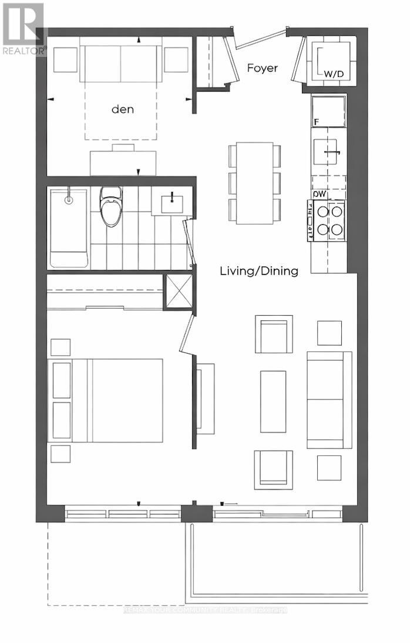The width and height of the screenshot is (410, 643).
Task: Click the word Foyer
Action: point(262,69)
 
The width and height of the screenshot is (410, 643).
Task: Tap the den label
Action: point(123,109)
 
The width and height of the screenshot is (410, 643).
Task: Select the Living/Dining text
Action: point(259,270)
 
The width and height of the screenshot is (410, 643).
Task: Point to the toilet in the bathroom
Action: point(110,207)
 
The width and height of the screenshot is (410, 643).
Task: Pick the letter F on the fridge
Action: point(317,122)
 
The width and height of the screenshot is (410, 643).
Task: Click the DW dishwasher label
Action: point(320,194)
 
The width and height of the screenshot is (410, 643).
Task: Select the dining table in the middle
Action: point(254,183)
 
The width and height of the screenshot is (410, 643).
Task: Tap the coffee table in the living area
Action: point(273,401)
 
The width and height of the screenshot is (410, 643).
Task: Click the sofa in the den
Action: point(120,63)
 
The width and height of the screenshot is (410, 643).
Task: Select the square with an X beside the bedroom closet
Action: point(178,291)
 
